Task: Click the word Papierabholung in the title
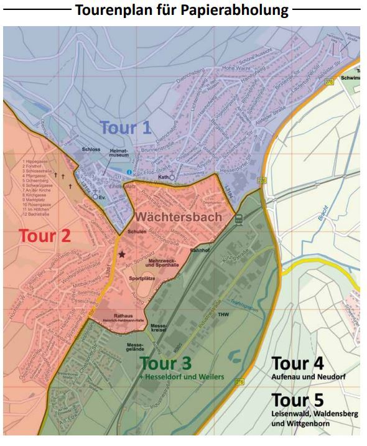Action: (234, 10)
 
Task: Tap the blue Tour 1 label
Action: (125, 128)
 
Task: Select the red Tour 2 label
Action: (44, 236)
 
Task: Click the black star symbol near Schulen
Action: (122, 254)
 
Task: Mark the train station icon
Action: (238, 218)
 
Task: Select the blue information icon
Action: (129, 172)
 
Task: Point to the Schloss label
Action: (91, 150)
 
